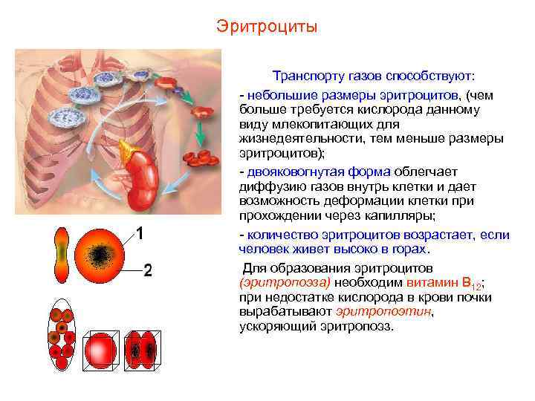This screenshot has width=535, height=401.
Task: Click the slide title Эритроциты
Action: click(267, 27)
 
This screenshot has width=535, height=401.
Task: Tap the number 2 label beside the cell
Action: click(147, 270)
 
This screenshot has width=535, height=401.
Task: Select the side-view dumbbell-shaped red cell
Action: click(62, 255)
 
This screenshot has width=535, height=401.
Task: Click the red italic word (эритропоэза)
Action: click(285, 283)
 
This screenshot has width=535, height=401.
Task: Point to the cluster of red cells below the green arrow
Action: click(203, 158)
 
